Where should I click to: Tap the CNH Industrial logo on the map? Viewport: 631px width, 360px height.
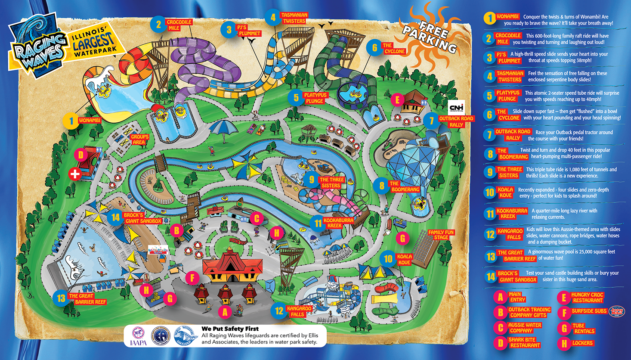tap(456, 107)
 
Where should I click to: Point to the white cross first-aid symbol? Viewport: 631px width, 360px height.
tap(75, 174)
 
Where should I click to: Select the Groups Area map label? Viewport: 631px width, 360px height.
tap(139, 140)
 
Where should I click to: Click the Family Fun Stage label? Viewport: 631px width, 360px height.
tap(441, 235)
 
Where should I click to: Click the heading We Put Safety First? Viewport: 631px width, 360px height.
tap(230, 329)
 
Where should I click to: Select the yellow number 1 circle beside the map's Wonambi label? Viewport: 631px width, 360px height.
tap(71, 121)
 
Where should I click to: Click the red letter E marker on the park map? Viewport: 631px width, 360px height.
tap(397, 101)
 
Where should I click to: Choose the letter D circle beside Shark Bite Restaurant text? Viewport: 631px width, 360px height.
tap(500, 342)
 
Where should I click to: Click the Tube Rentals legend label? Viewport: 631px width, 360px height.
tap(584, 329)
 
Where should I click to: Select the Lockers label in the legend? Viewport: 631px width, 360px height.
tap(582, 343)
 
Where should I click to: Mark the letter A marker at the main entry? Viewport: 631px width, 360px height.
tap(225, 311)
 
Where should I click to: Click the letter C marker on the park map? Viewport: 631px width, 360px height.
tap(257, 219)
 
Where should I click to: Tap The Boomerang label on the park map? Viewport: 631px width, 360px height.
tap(404, 186)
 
